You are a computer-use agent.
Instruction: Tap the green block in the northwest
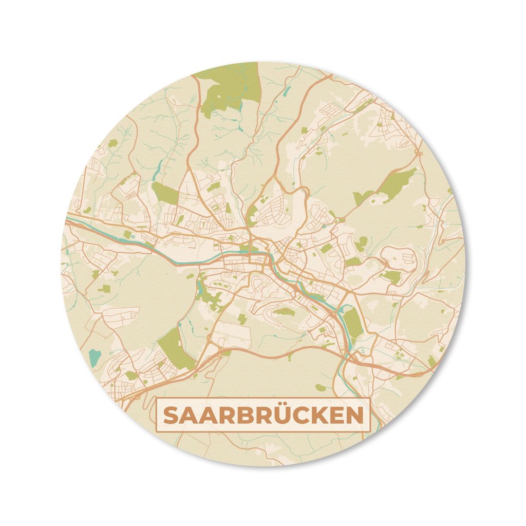click(x=165, y=193)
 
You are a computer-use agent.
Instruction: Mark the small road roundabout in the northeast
click(x=418, y=153)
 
